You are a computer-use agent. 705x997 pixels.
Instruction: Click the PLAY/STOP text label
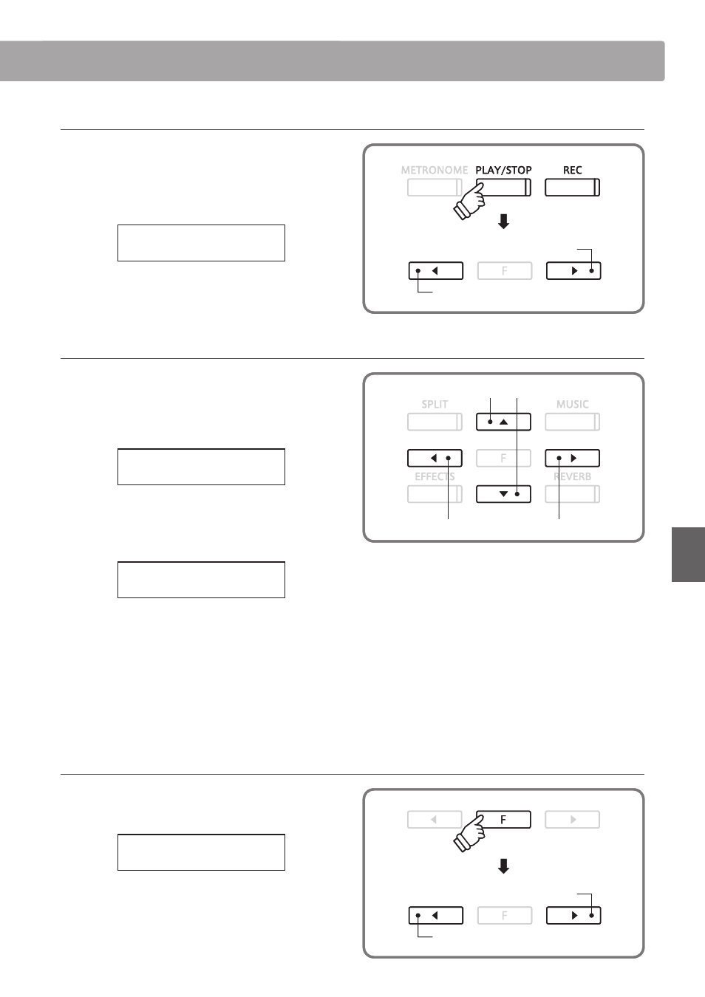(x=503, y=170)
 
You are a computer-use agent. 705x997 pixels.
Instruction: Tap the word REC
(x=572, y=170)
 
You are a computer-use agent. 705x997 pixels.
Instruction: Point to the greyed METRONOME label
(x=435, y=170)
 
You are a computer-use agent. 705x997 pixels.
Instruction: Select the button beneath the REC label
(x=572, y=188)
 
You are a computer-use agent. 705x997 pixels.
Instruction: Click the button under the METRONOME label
(x=435, y=188)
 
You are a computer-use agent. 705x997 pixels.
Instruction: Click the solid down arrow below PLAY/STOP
(x=504, y=222)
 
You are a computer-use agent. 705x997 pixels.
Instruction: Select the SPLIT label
(x=435, y=404)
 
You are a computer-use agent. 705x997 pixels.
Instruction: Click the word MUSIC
(x=572, y=404)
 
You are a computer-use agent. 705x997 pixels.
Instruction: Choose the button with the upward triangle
(x=503, y=422)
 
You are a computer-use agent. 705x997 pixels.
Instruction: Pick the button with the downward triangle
(x=503, y=494)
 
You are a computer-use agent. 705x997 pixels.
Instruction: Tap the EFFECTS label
(x=435, y=476)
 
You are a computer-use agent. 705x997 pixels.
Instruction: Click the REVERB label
(x=572, y=476)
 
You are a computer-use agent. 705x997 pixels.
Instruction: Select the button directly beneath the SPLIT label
(x=435, y=422)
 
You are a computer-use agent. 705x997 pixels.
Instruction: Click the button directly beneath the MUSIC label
(x=572, y=422)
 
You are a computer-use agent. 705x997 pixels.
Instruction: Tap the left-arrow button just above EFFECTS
(x=435, y=458)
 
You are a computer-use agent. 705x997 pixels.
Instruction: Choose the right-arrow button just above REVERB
(x=572, y=458)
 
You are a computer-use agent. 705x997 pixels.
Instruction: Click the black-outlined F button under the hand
(x=503, y=820)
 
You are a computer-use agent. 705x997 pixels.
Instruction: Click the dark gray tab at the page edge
(x=688, y=555)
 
